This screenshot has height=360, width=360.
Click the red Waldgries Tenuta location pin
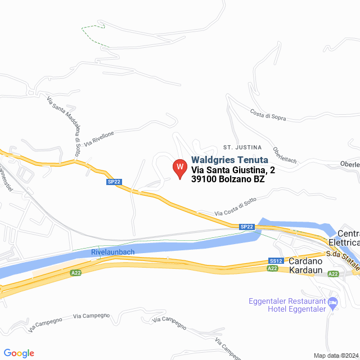(179, 168)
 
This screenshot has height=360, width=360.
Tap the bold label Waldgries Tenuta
(229, 160)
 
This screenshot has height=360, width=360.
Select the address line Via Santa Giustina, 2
(233, 170)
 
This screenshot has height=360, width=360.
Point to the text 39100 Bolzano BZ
(228, 180)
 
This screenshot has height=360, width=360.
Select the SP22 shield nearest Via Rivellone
(114, 182)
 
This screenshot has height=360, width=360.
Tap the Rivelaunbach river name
(112, 252)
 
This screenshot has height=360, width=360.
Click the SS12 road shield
(276, 261)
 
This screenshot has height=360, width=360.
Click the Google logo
(19, 353)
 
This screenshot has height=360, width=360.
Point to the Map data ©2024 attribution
(336, 355)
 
